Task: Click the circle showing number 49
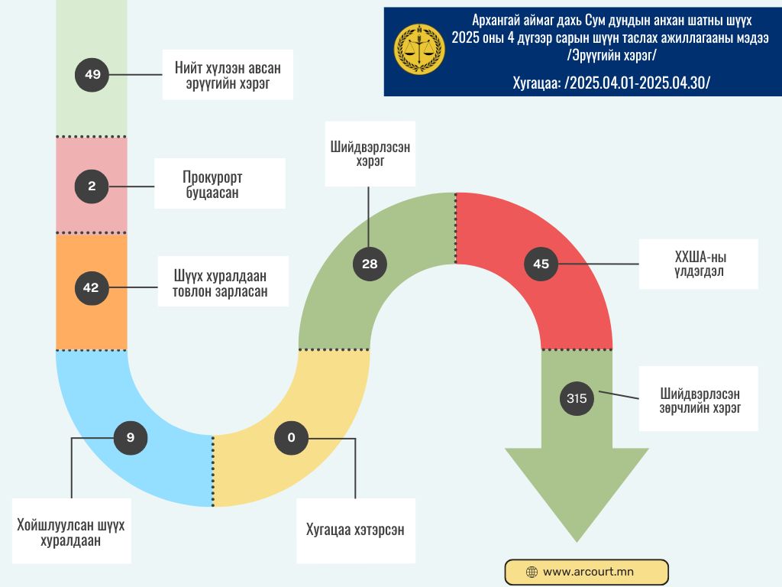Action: point(92,75)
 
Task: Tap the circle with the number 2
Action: point(92,186)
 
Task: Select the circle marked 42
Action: point(91,287)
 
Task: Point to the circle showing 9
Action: point(130,438)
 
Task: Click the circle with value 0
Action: point(291,438)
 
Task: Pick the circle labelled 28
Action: point(370,264)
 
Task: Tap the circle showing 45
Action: point(541,264)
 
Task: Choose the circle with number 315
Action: point(577,397)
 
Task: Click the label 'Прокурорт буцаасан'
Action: point(219,184)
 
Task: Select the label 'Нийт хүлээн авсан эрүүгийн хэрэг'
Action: point(228,75)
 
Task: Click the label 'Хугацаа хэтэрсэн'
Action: point(355,530)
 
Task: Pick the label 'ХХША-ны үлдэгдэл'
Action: point(698,264)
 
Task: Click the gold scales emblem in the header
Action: point(419,49)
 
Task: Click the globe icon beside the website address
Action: point(532,572)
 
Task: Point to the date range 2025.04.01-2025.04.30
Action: point(637,83)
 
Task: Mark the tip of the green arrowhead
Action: point(577,542)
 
